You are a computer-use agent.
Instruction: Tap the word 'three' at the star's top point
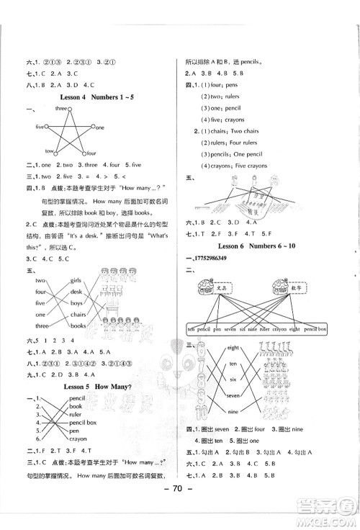(x=62, y=108)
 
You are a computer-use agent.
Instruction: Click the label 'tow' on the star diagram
(x=50, y=152)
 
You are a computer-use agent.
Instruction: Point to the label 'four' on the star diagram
(x=91, y=153)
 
